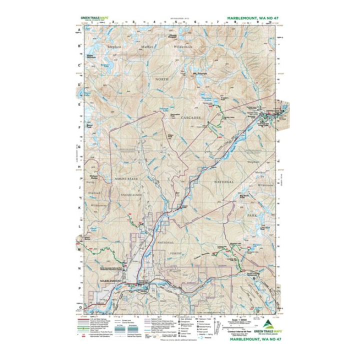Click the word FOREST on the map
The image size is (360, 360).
[165, 254]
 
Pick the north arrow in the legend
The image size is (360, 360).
[213, 317]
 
